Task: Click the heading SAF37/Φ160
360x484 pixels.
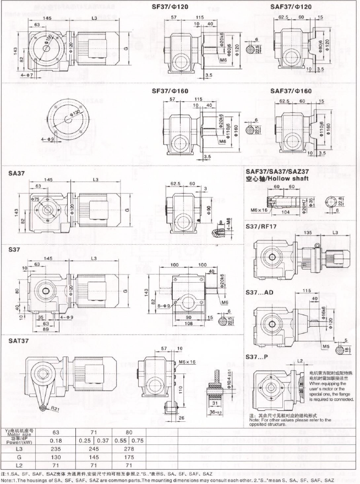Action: tap(290, 91)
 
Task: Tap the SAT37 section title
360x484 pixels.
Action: tap(20, 342)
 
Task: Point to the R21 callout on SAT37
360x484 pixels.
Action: tap(55, 409)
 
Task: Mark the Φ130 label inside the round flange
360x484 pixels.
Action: tap(73, 113)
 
